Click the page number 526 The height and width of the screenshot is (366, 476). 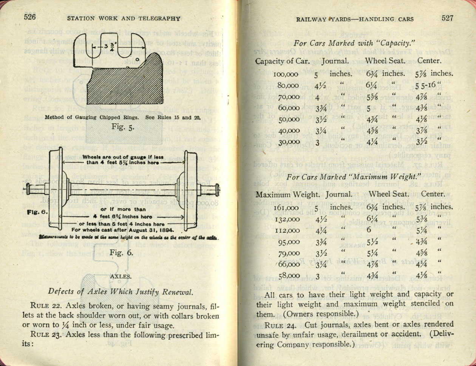pos(29,17)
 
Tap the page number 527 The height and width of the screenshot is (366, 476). pos(446,18)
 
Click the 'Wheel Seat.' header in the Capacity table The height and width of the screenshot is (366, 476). pos(385,60)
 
